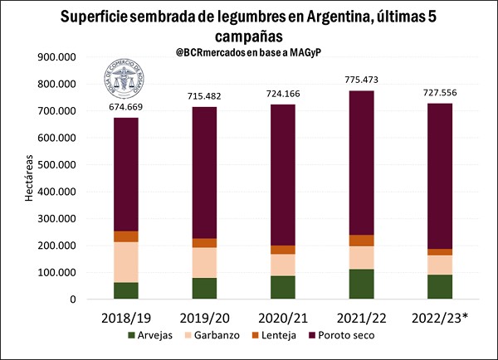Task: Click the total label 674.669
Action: tap(126, 107)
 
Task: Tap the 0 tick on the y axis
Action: tap(77, 299)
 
